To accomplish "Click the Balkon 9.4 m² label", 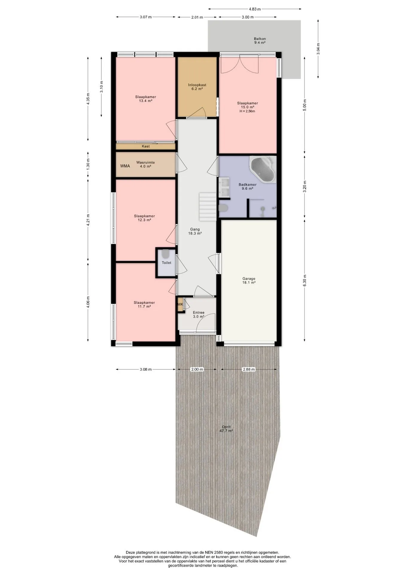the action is [260, 40].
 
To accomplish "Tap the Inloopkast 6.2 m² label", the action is [197, 87].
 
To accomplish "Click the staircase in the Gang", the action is [208, 207].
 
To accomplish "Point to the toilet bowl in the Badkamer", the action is [224, 208].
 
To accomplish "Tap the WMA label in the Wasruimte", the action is [125, 166].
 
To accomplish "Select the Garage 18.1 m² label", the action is [249, 281].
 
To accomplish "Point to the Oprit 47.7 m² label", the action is [226, 429].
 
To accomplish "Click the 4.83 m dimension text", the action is [254, 9].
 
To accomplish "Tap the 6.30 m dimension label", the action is [305, 281].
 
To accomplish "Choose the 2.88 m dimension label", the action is [249, 369].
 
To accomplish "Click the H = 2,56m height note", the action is [247, 111].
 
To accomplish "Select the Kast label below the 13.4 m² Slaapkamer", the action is [146, 146].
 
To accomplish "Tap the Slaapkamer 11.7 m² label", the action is [144, 305].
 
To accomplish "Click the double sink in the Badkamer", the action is [224, 187].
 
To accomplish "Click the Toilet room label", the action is [167, 263].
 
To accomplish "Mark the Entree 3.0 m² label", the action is [199, 314].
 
